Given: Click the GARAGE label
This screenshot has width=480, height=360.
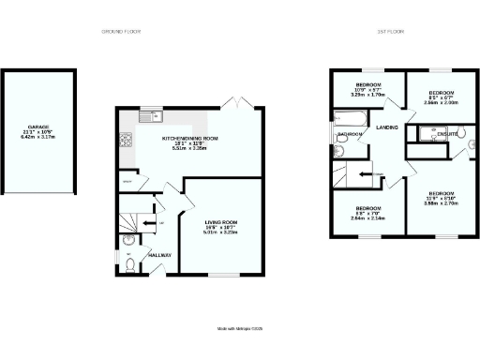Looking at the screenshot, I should point(37,126).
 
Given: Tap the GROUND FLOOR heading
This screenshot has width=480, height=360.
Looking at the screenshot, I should point(122,32).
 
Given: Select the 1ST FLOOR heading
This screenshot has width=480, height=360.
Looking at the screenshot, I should point(388,32).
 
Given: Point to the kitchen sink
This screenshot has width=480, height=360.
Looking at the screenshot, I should point(147,116).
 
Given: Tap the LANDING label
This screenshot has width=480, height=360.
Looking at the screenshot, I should point(388,127).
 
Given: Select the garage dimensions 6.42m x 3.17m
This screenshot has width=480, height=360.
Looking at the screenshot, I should point(37,137).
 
